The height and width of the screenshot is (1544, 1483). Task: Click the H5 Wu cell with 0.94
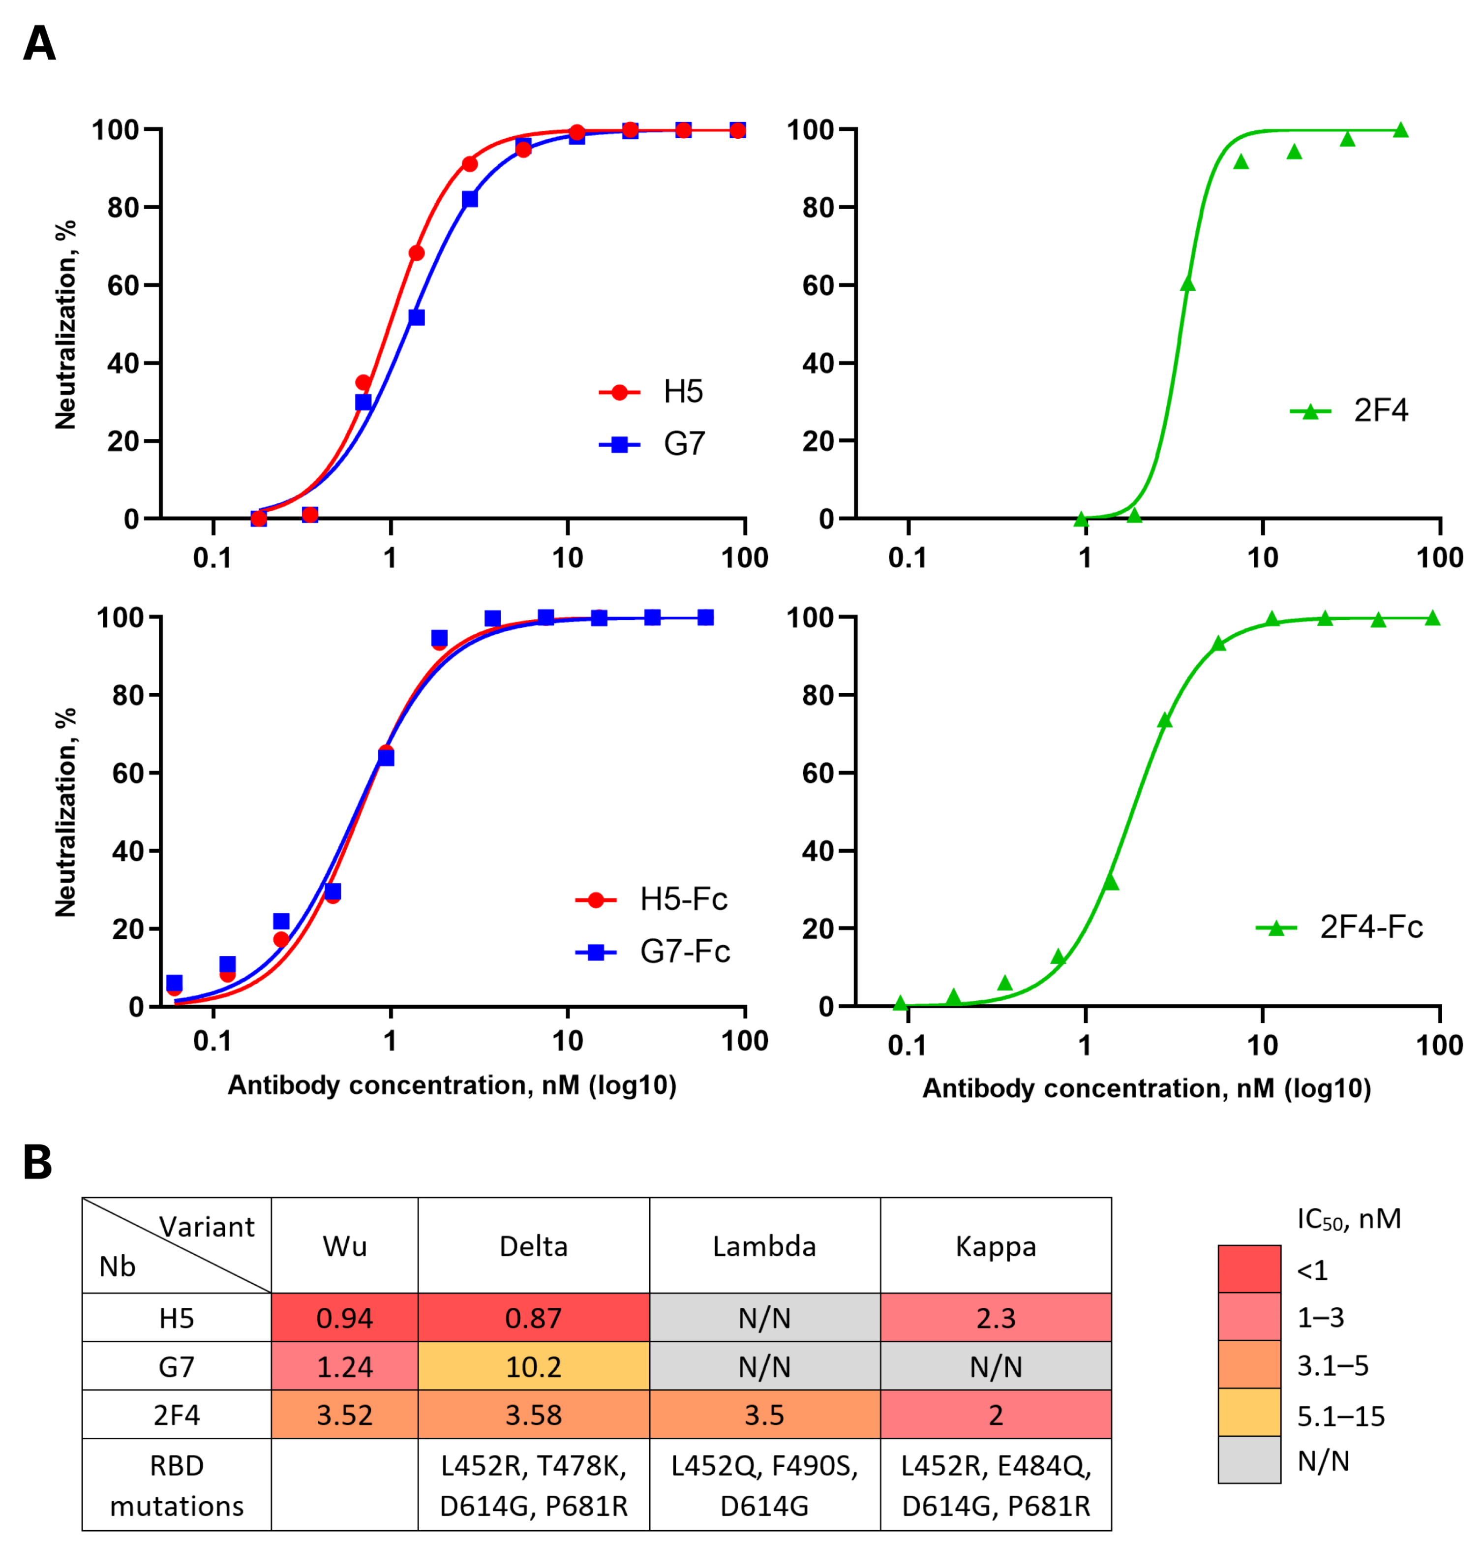pos(344,1318)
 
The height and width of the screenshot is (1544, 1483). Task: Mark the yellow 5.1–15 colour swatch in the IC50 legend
pos(1249,1413)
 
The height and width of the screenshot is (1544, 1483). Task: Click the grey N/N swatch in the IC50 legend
pos(1249,1460)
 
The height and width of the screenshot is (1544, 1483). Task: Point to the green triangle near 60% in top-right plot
pos(1188,283)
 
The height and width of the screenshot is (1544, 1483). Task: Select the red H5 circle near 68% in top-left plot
pos(417,253)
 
